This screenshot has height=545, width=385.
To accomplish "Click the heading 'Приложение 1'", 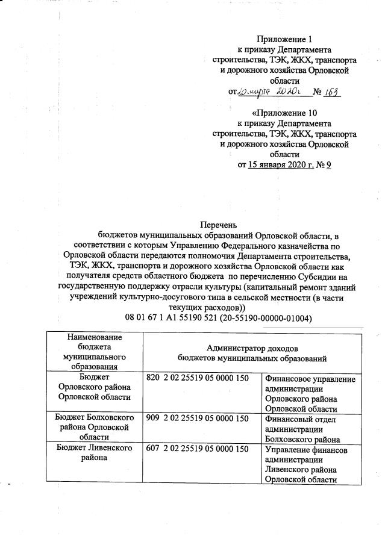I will coord(284,39).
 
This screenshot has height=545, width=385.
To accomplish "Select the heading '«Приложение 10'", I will coord(284,112).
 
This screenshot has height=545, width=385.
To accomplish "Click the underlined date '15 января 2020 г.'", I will coord(281,164).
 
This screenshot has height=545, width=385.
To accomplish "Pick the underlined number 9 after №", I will coord(328,164).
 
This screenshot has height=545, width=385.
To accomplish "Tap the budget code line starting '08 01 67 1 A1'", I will coord(218,317).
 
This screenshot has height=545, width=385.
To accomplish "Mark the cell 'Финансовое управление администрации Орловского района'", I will coord(310,393).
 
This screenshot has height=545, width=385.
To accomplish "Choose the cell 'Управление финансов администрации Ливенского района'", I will coord(310,464).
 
